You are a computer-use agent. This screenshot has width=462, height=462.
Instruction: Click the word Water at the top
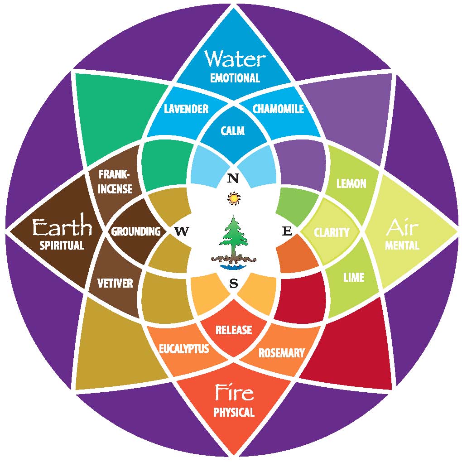[234, 59]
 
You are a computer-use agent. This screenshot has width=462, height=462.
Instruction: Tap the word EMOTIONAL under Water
[235, 78]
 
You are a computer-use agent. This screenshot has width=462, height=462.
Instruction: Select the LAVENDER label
[186, 109]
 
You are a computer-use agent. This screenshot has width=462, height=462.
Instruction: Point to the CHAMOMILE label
[278, 109]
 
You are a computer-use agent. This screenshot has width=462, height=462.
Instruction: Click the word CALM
[233, 131]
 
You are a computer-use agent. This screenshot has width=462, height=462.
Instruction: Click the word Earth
[62, 228]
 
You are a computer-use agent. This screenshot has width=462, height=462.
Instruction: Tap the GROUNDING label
[136, 231]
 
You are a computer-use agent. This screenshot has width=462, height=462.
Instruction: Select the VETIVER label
[115, 284]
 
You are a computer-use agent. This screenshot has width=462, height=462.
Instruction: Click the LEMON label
[351, 183]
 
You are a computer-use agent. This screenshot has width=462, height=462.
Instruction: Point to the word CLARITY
[332, 232]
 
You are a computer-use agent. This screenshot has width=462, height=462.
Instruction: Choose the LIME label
[354, 277]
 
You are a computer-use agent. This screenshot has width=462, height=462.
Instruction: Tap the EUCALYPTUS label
[184, 349]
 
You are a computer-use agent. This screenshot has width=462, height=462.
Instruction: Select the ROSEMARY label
[281, 352]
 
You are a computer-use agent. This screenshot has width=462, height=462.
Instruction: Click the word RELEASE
[233, 330]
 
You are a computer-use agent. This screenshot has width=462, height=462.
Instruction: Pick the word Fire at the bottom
[234, 392]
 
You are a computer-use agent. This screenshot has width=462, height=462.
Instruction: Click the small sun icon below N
[233, 198]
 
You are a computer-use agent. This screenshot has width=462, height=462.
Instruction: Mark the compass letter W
[181, 231]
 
